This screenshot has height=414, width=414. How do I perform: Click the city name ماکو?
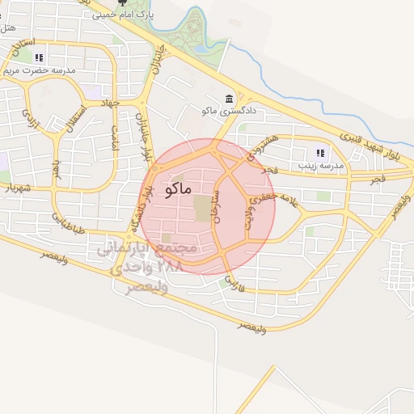coord(177,189)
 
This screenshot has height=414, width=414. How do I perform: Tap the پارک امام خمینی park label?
coord(124,15)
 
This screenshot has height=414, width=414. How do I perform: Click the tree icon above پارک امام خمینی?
coord(123,3)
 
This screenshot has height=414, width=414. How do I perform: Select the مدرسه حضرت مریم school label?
coord(40,70)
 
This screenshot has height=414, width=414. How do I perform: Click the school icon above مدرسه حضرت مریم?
coord(39,57)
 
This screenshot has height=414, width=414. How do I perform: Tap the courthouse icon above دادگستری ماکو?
coord(230,96)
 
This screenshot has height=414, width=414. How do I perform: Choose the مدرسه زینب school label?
coord(320,165)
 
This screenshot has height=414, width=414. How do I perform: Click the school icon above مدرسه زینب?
coord(320,152)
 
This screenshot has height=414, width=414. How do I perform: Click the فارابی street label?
coord(234,282)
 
